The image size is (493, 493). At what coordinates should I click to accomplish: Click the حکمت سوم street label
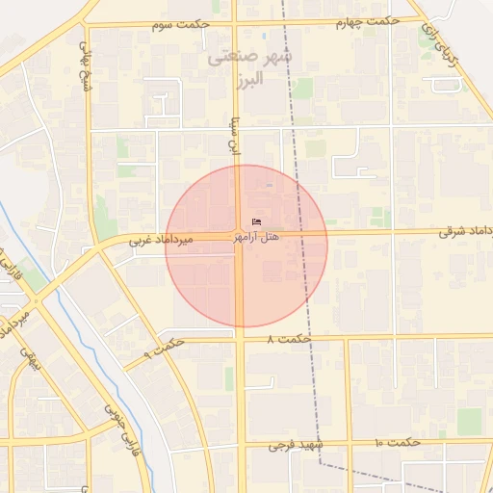tap(176, 23)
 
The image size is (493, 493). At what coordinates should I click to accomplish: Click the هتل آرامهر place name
tap(270, 236)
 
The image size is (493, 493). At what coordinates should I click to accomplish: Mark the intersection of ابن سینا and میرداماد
tap(240, 234)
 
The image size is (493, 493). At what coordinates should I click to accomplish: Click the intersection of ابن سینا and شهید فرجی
tap(240, 445)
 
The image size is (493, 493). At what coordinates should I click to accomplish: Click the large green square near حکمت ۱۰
tap(469, 421)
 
